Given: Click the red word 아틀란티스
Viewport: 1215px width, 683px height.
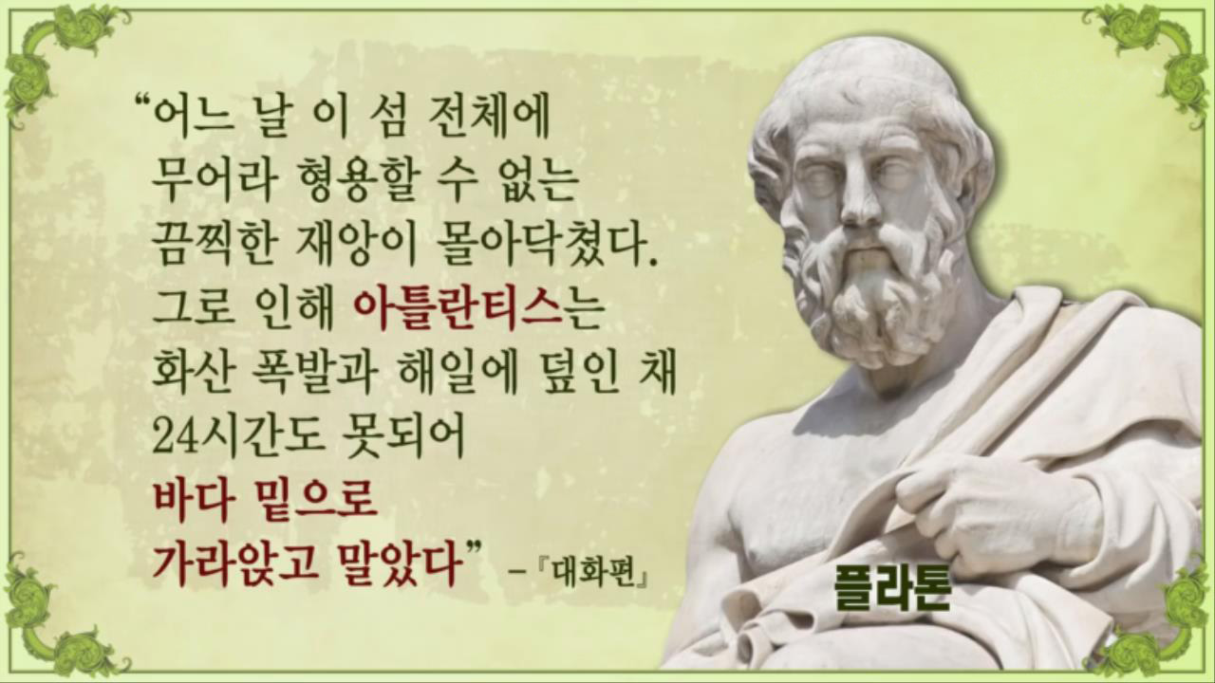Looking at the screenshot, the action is click(457, 309).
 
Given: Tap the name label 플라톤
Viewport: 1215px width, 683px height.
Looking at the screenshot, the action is click(891, 588).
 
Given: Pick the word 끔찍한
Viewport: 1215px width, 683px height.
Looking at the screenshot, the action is click(215, 245).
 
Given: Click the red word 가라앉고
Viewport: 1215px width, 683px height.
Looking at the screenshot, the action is click(234, 563).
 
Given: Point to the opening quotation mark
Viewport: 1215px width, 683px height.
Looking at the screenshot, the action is click(141, 102).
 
